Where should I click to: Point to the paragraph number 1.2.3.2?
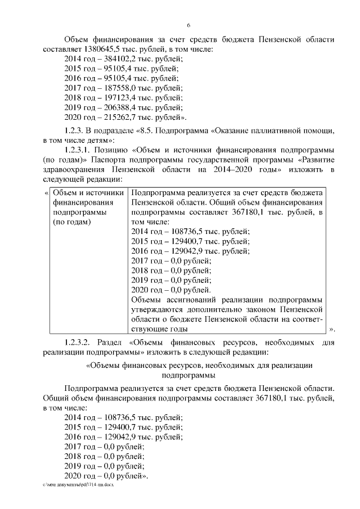tap(82, 341)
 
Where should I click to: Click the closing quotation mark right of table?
tap(332, 329)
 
